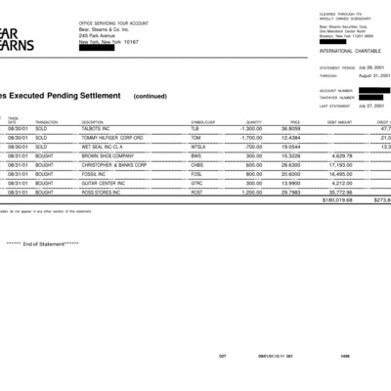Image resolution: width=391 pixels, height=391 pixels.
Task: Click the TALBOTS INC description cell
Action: click(x=99, y=128)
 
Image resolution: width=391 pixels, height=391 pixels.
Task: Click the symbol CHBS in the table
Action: click(x=197, y=164)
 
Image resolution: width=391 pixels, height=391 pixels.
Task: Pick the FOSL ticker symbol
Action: click(x=196, y=173)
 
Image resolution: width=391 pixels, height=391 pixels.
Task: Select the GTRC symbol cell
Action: click(x=197, y=182)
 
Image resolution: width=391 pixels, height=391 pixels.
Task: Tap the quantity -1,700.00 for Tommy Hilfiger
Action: click(x=251, y=137)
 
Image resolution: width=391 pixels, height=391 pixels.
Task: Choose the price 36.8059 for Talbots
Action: click(x=290, y=128)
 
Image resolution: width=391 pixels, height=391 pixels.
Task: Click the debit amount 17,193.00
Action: click(x=339, y=164)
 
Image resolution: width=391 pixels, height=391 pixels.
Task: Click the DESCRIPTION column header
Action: click(x=93, y=121)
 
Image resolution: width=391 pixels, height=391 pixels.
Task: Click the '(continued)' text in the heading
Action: click(x=150, y=97)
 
